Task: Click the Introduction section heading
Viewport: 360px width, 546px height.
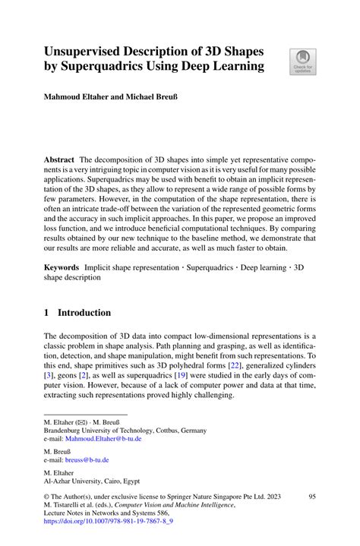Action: click(x=84, y=312)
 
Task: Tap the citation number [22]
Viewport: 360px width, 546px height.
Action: click(x=257, y=365)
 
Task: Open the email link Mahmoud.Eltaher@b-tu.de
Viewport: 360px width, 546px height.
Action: click(x=106, y=438)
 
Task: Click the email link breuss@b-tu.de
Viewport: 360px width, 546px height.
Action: click(x=88, y=459)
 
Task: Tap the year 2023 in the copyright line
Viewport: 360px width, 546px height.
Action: click(x=270, y=497)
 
